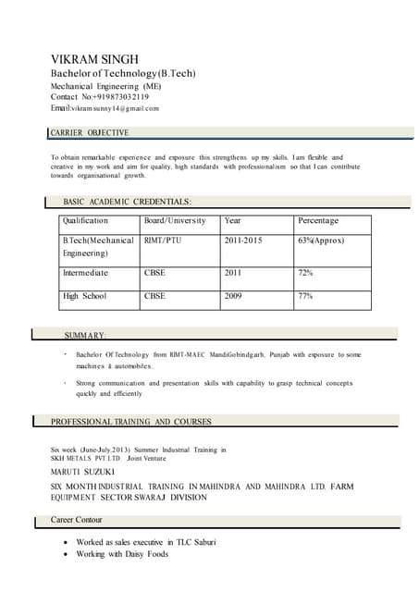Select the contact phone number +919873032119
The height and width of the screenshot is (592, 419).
116,96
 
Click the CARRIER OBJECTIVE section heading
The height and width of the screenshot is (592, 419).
90,133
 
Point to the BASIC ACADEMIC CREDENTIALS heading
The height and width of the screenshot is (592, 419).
128,201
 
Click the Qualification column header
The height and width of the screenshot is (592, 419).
85,221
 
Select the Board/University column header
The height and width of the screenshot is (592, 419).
175,221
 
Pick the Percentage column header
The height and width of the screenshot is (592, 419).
318,221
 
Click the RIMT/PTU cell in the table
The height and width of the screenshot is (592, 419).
164,240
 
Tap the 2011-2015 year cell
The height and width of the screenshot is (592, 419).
243,240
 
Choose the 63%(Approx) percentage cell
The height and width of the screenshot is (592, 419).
321,240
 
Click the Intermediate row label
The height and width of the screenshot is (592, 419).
85,273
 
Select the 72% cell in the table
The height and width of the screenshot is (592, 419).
305,273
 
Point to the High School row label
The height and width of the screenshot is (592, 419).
84,296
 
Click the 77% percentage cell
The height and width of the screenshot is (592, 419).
305,296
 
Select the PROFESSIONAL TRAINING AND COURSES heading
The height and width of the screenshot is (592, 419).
130,422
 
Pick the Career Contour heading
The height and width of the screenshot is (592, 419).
89,521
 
